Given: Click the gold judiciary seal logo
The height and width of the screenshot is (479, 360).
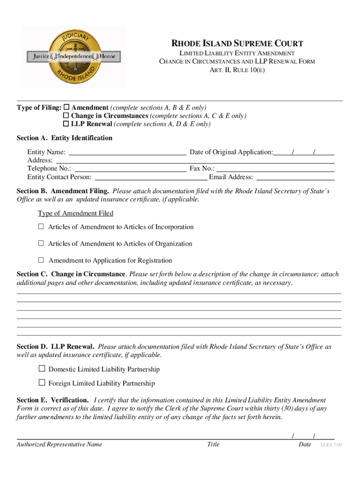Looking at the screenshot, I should [74, 57].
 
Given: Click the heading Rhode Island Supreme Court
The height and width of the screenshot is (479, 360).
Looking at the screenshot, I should [238, 44].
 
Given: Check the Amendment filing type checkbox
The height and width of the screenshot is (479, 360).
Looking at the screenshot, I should [66, 107].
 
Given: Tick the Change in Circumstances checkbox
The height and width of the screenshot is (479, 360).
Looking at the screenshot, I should [66, 116].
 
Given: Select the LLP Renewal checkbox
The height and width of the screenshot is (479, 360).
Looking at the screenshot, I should [66, 124].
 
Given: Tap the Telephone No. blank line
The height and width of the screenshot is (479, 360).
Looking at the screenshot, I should [130, 168].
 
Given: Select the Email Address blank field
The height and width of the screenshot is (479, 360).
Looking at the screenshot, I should [295, 177].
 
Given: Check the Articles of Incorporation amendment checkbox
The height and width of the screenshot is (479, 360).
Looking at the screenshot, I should [41, 227].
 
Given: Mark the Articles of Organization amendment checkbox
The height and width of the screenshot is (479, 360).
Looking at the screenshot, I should [41, 243].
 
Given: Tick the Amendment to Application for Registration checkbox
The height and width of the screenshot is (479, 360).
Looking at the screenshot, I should [41, 260].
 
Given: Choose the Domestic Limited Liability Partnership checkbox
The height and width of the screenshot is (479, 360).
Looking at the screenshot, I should [42, 369].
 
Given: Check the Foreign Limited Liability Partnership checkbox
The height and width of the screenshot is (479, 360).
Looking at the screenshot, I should [42, 383].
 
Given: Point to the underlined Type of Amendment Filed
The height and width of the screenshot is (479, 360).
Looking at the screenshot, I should [75, 213].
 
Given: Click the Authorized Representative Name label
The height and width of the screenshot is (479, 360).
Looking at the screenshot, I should [59, 444].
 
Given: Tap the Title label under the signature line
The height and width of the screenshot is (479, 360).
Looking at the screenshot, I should [213, 444].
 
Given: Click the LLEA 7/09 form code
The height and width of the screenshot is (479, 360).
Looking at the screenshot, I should [331, 444].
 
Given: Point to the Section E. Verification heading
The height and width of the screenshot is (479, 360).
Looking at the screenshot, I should [52, 400].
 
